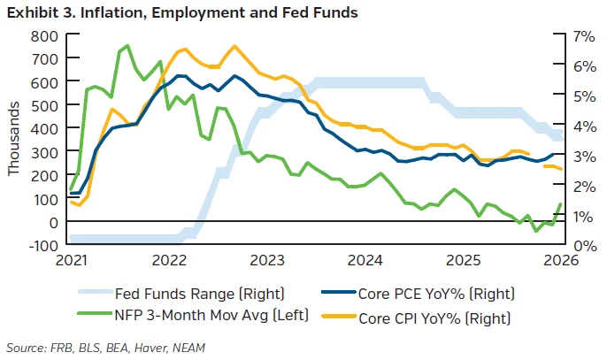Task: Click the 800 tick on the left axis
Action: [x=73, y=34]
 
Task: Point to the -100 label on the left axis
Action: [x=43, y=245]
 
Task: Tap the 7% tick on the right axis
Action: [x=559, y=34]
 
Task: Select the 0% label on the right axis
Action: [x=584, y=246]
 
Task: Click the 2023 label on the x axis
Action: [x=266, y=260]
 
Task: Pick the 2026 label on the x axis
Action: [x=561, y=260]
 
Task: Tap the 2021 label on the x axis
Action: [x=72, y=260]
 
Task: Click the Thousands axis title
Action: [x=13, y=139]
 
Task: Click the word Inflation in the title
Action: [x=113, y=12]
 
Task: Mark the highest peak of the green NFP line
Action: [x=127, y=46]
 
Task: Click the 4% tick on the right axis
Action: [x=559, y=124]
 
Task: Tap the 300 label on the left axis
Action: [x=43, y=152]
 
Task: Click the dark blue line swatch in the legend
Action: [x=338, y=292]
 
